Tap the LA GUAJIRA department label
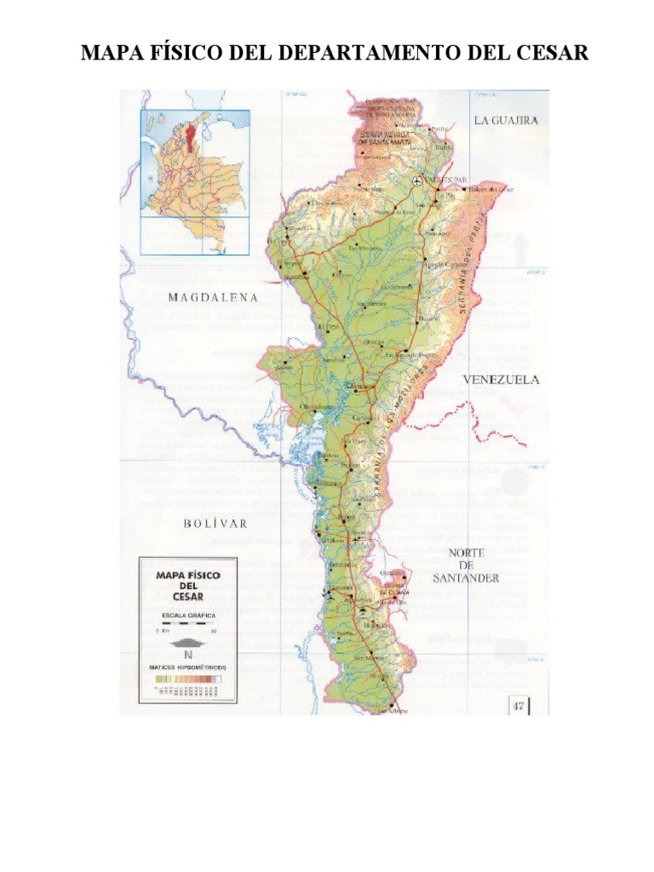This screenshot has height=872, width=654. (x=506, y=121)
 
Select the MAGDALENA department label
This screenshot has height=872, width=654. (x=212, y=297)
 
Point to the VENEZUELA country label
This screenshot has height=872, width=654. (x=501, y=381)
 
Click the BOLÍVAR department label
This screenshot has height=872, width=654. (x=215, y=523)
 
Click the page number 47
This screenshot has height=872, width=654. (x=519, y=704)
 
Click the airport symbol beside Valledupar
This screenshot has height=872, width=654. (x=417, y=181)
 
